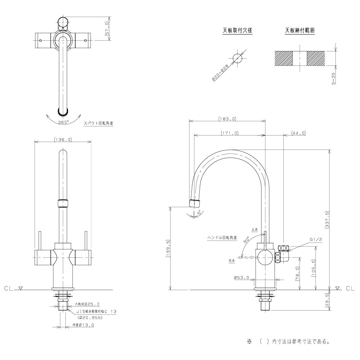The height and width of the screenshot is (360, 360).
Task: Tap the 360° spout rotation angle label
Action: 63,122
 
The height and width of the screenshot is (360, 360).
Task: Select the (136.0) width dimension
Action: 63,139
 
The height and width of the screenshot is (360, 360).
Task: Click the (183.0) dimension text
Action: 227,119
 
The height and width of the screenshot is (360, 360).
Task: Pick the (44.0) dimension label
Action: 298,133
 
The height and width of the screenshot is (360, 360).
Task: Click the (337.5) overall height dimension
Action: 327,219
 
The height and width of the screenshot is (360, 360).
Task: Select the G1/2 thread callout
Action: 316,240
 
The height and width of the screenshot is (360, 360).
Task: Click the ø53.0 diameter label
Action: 242,278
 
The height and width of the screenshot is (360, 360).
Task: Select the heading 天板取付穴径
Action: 237,30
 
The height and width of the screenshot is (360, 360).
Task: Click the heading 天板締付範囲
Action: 300,30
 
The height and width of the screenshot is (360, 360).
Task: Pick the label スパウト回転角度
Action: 98,124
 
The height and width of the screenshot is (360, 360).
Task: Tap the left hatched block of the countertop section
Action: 283,58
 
